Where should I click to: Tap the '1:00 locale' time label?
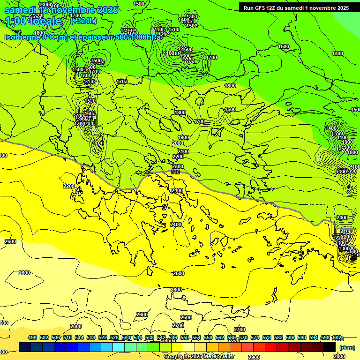point(34,21)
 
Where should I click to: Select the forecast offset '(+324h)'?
point(83,21)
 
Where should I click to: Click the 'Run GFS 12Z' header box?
point(294,7)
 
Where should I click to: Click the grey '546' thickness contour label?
point(175,172)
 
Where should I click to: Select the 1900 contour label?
point(183,137)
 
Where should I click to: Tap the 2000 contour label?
point(178,143)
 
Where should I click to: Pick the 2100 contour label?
point(183,151)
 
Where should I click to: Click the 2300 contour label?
point(178,166)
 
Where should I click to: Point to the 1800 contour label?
point(180,112)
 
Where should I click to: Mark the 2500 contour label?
point(179,273)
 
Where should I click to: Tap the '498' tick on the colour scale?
point(32,337)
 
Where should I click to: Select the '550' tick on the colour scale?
point(185,337)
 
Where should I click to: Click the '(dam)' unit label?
point(347,347)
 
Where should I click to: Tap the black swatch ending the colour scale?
point(330,347)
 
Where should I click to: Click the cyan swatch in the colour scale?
point(119,347)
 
